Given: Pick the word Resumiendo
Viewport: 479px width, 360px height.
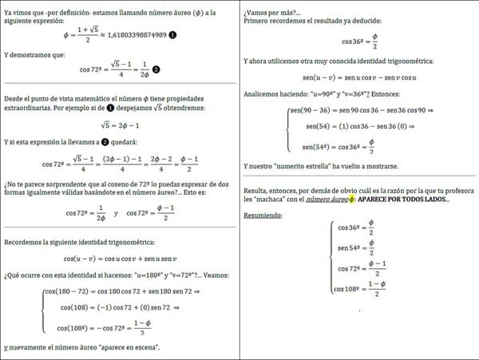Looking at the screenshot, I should pyautogui.click(x=267, y=214).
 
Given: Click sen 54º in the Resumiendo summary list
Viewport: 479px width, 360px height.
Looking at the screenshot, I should pyautogui.click(x=346, y=247).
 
